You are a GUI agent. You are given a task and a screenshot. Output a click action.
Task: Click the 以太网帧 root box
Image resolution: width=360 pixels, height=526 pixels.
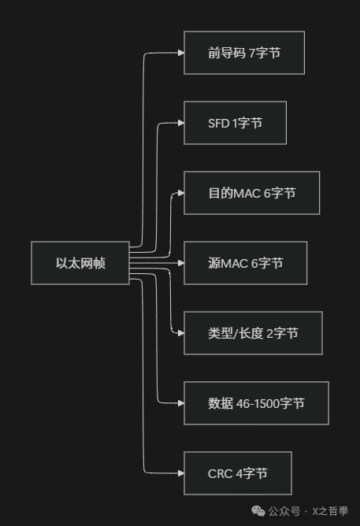tap(80, 263)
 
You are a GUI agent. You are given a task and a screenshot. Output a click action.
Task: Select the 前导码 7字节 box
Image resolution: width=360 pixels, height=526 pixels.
tap(244, 53)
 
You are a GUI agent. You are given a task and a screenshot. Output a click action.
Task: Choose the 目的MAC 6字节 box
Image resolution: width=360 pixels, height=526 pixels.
tap(251, 193)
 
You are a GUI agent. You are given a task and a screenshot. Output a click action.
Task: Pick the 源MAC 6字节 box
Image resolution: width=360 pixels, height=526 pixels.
tap(245, 263)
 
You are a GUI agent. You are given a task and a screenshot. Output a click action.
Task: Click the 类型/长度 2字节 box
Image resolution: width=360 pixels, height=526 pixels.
tap(252, 333)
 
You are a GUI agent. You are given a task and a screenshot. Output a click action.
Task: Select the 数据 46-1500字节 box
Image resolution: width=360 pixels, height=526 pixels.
tap(256, 403)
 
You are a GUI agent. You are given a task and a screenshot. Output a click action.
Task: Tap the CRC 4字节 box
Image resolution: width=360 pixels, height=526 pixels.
tap(237, 473)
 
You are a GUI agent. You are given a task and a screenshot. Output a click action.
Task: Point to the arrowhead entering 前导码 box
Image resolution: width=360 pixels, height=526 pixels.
tap(180, 53)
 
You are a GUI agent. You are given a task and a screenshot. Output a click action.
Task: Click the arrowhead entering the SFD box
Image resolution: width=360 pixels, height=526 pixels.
tap(180, 123)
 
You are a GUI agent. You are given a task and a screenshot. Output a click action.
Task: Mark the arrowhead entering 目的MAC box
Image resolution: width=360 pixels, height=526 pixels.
tap(180, 193)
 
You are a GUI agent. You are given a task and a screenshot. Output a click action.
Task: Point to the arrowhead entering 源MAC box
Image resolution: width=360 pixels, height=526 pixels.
tap(180, 263)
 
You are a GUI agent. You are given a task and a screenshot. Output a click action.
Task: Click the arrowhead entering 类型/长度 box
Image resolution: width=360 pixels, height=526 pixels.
tap(180, 333)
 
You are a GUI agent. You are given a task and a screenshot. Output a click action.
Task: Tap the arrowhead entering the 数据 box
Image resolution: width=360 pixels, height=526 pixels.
tap(180, 403)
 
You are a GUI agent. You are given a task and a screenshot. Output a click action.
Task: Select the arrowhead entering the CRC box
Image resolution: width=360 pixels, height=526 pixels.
tap(180, 473)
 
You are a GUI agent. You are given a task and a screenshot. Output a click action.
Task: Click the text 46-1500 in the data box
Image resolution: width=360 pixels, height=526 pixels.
tap(251, 403)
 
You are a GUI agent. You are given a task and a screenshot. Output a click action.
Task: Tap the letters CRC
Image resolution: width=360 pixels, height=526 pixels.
tap(220, 473)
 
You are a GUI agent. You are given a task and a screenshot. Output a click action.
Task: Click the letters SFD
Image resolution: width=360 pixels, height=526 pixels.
tap(219, 123)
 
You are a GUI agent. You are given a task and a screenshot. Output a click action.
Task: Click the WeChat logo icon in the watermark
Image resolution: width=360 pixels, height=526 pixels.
tap(258, 510)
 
